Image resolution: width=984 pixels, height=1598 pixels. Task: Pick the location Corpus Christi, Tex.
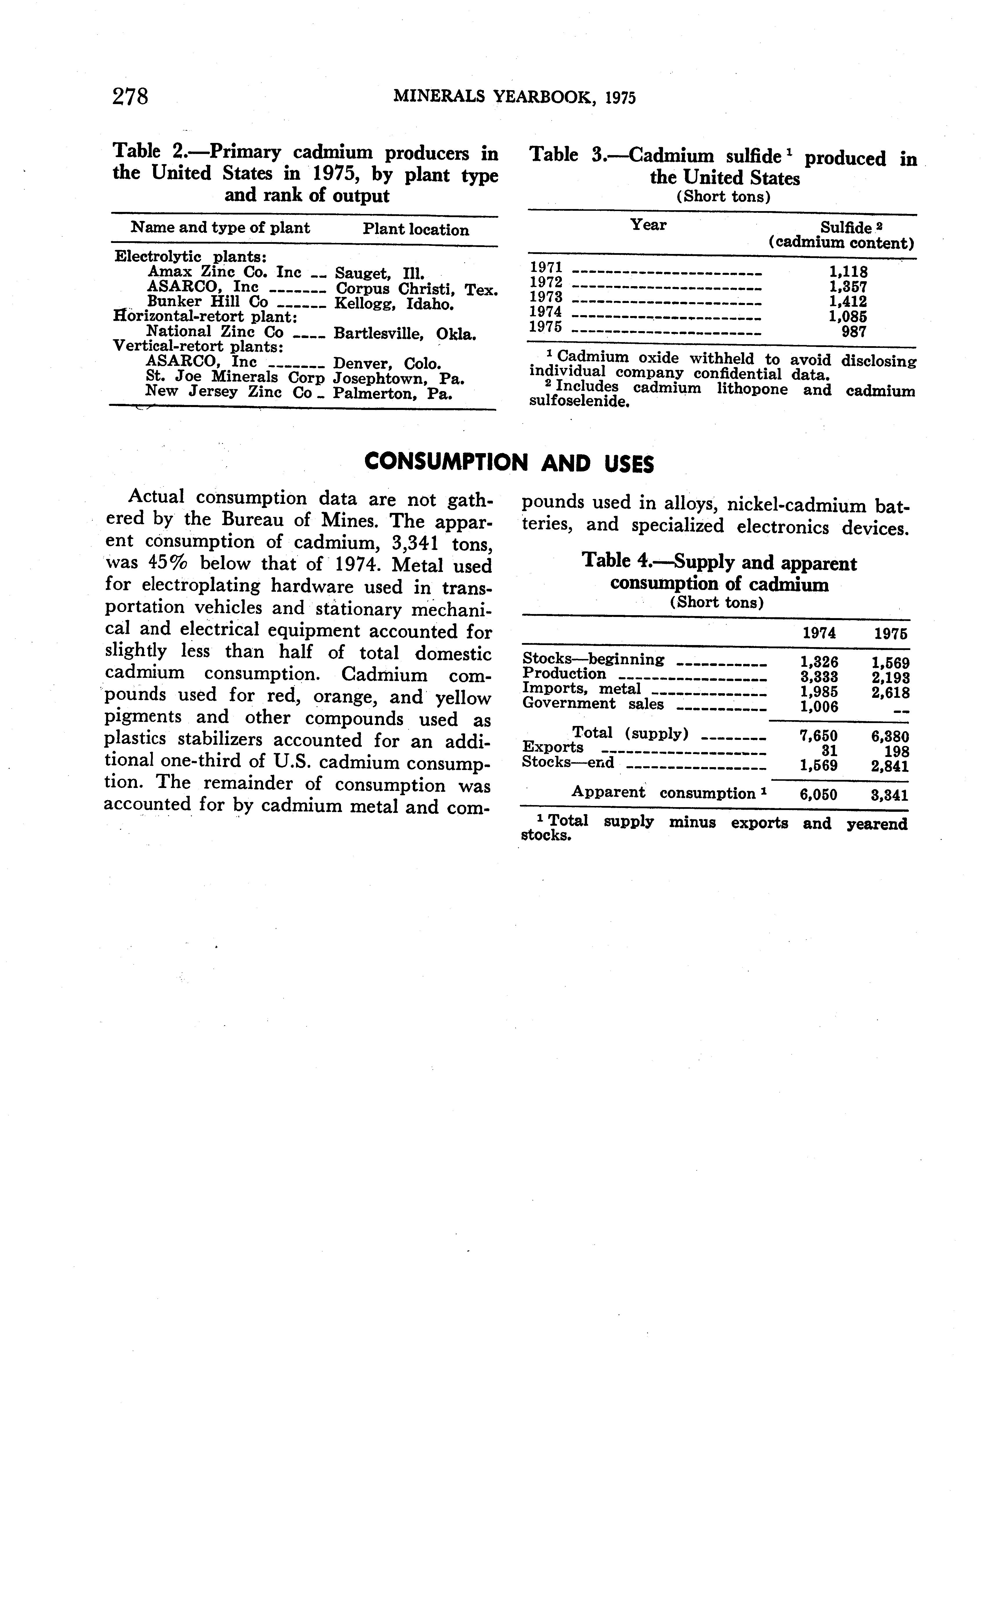tap(417, 289)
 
